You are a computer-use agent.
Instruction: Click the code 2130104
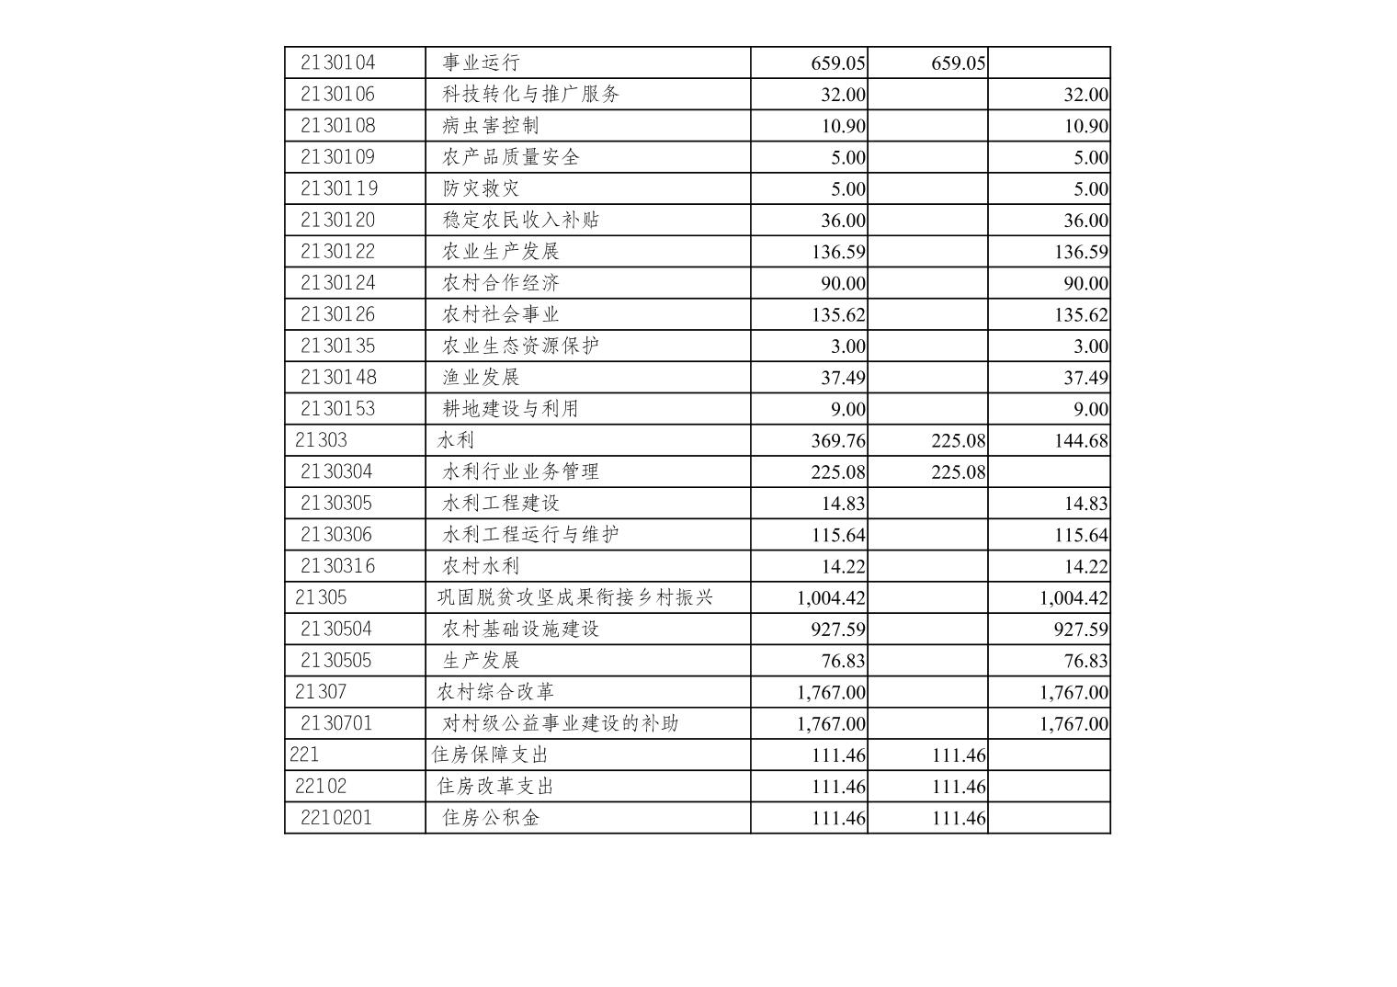[338, 62]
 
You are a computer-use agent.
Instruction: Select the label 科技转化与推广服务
[531, 94]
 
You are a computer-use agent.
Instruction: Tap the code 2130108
[338, 125]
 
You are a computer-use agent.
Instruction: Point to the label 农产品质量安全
[511, 157]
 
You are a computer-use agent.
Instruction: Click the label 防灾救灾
[481, 188]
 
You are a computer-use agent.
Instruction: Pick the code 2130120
[338, 220]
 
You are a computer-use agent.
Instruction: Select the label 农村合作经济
[501, 282]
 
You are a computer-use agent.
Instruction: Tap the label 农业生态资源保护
[521, 346]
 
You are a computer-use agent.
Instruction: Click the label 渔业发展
[481, 377]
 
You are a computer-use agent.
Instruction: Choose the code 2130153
[338, 408]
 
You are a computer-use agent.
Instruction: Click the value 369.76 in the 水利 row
[838, 440]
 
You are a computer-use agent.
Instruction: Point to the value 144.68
[1081, 440]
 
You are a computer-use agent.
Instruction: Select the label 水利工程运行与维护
[531, 534]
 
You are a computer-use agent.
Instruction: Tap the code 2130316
[338, 565]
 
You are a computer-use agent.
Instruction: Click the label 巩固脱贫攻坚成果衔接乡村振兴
[575, 597]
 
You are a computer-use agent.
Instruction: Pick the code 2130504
[336, 629]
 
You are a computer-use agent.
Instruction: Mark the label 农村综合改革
[496, 691]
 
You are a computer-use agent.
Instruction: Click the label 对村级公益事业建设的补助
[561, 723]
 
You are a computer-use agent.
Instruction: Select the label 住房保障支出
[490, 754]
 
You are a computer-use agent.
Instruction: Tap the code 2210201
[336, 817]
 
